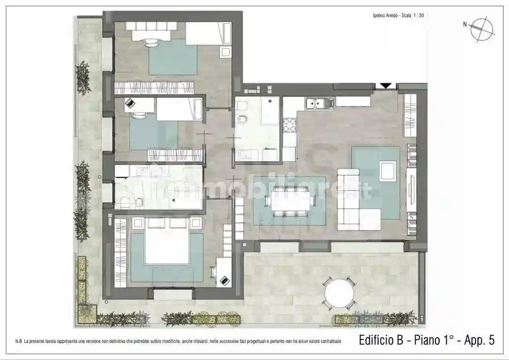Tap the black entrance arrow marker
tap(385, 85)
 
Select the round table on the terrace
tap(340, 292)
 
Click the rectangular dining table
tap(289, 200)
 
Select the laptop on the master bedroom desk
tap(225, 280)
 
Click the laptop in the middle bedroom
tap(129, 104)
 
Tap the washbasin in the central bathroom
tap(245, 154)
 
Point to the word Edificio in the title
tap(376, 340)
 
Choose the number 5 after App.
tap(491, 340)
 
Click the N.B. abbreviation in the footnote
tap(19, 341)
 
